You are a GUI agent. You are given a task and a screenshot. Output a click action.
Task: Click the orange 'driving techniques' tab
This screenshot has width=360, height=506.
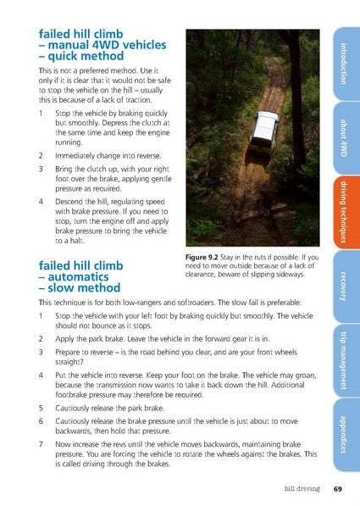[x=346, y=213]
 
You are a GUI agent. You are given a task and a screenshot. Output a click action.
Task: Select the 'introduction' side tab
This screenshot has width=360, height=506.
[x=346, y=64]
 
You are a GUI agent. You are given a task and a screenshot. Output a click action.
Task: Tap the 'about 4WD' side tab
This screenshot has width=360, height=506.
[x=346, y=138]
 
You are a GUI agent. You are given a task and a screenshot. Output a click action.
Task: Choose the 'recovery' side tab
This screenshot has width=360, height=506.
[x=346, y=286]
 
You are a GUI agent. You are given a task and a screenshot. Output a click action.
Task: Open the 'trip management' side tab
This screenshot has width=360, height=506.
[x=346, y=361]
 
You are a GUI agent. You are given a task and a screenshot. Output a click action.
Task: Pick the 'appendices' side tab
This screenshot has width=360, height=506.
[x=346, y=435]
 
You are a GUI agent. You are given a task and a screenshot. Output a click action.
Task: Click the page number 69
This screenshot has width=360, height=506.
[x=337, y=489]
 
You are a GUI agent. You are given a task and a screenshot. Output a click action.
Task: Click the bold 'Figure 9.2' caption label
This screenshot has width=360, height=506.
[x=202, y=257]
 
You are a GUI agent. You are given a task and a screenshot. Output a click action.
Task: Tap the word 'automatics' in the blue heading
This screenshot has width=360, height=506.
[x=79, y=277]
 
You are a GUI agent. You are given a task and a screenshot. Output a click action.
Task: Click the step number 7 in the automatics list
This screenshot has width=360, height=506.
[x=41, y=444]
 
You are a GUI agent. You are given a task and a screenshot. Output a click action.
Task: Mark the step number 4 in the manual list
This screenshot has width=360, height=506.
[x=41, y=202]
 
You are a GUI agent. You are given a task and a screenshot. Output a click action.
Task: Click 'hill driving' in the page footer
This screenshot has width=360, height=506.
[x=302, y=489]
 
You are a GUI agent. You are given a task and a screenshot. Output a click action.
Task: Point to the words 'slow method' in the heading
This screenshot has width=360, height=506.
[x=84, y=288]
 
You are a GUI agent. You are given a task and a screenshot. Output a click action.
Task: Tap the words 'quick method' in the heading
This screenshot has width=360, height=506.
[x=86, y=56]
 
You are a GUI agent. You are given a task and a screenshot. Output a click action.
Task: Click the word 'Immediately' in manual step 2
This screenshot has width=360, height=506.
[x=73, y=156]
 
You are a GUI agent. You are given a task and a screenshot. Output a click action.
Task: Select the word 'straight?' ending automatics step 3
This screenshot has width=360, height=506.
[x=69, y=362]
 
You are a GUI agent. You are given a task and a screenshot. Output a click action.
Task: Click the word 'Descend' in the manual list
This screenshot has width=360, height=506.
[x=69, y=202]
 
